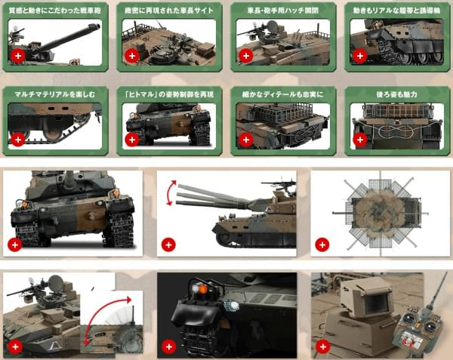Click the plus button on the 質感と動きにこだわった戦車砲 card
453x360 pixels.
pos(17,56)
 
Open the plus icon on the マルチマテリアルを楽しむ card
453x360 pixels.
pos(17,140)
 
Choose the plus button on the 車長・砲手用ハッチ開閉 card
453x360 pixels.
pos(245,56)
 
